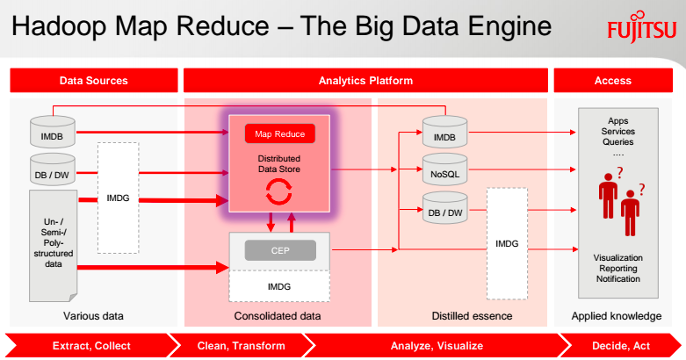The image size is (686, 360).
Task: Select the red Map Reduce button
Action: [x=279, y=134]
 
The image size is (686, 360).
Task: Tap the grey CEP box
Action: [x=279, y=250]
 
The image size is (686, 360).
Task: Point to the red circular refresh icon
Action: [x=279, y=191]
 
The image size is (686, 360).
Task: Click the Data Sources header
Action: [x=93, y=81]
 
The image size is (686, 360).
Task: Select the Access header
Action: [x=612, y=81]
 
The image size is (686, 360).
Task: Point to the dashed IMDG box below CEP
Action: [x=279, y=287]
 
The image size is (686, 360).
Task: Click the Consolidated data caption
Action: [x=278, y=316]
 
